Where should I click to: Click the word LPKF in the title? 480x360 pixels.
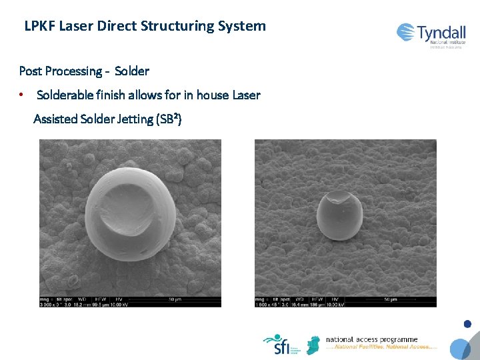tap(39, 27)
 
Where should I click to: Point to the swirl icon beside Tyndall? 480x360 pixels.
tap(405, 32)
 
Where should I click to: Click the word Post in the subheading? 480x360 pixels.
tap(31, 71)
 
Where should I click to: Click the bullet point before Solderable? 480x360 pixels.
tap(22, 95)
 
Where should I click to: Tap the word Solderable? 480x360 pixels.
tap(67, 95)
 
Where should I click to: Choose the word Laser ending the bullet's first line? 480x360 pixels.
tap(246, 95)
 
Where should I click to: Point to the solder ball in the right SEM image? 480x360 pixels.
tap(339, 215)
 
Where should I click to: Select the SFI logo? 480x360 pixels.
tap(278, 344)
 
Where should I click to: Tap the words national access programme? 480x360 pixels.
tap(371, 340)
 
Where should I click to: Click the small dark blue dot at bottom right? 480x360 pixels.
tap(467, 325)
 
